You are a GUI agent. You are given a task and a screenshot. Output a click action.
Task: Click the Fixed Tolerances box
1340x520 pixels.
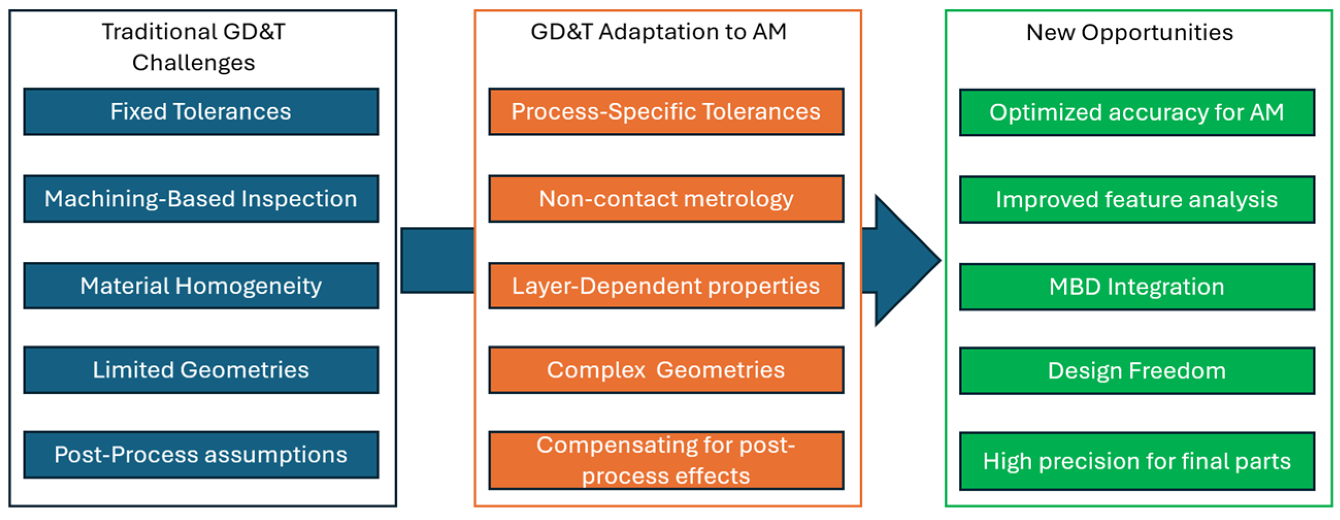coord(201,112)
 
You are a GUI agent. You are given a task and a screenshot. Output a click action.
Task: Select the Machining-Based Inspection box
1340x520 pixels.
coord(201,198)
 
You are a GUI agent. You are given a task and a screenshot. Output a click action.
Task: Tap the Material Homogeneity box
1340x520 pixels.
coord(201,286)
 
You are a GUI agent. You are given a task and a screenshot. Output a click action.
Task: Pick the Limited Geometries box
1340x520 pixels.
coord(201,370)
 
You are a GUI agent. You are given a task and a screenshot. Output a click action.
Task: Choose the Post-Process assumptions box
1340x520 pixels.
coord(201,455)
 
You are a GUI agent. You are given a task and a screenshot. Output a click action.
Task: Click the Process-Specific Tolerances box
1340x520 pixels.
coord(666,112)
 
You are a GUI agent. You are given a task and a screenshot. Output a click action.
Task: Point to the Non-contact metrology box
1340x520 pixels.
coord(666,198)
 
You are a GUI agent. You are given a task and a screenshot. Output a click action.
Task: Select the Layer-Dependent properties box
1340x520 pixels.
coord(666,286)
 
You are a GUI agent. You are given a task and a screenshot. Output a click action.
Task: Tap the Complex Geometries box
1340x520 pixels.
coord(666,370)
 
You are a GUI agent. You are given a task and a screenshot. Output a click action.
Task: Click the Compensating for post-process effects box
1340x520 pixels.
coord(666,460)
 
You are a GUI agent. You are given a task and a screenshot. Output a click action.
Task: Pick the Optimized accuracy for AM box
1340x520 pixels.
coord(1136,113)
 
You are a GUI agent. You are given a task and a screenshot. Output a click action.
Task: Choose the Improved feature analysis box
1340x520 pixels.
coord(1136,199)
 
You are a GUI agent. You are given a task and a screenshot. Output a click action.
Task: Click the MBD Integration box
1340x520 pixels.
coord(1136,287)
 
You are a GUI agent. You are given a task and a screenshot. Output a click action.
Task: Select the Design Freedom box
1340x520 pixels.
coord(1136,371)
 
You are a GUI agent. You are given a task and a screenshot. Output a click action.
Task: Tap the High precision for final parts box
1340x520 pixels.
coord(1136,461)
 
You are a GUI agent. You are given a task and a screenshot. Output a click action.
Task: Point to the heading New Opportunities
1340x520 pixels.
coord(1129,32)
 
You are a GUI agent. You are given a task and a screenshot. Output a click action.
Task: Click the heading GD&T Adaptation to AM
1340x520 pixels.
coord(658,32)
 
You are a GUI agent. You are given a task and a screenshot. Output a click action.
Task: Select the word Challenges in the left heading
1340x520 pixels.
coord(193,63)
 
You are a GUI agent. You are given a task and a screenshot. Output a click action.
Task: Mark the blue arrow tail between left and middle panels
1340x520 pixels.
coord(437,260)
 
